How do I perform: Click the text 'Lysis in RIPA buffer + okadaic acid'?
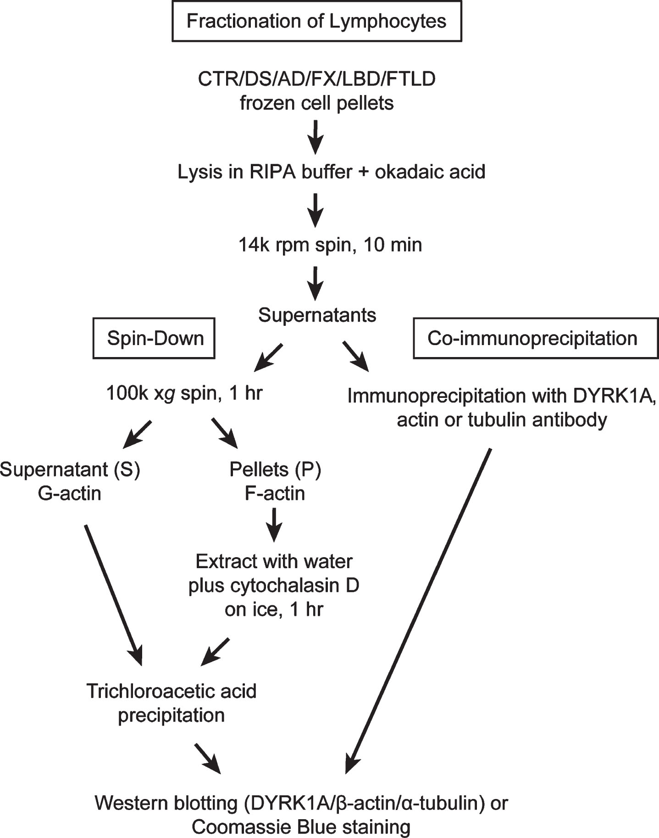(331, 172)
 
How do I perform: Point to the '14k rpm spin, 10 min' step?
(330, 245)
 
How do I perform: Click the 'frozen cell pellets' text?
(316, 103)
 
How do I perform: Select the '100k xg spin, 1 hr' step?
(184, 393)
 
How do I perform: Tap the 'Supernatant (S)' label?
(70, 469)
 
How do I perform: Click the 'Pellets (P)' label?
(275, 469)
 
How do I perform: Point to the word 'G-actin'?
(70, 493)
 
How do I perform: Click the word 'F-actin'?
(275, 493)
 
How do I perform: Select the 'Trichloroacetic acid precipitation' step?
(172, 703)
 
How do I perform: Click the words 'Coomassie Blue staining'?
(301, 827)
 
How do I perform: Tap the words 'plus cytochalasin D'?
(274, 586)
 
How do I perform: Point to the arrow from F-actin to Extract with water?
(275, 525)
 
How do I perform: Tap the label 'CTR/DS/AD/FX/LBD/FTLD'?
(316, 79)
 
